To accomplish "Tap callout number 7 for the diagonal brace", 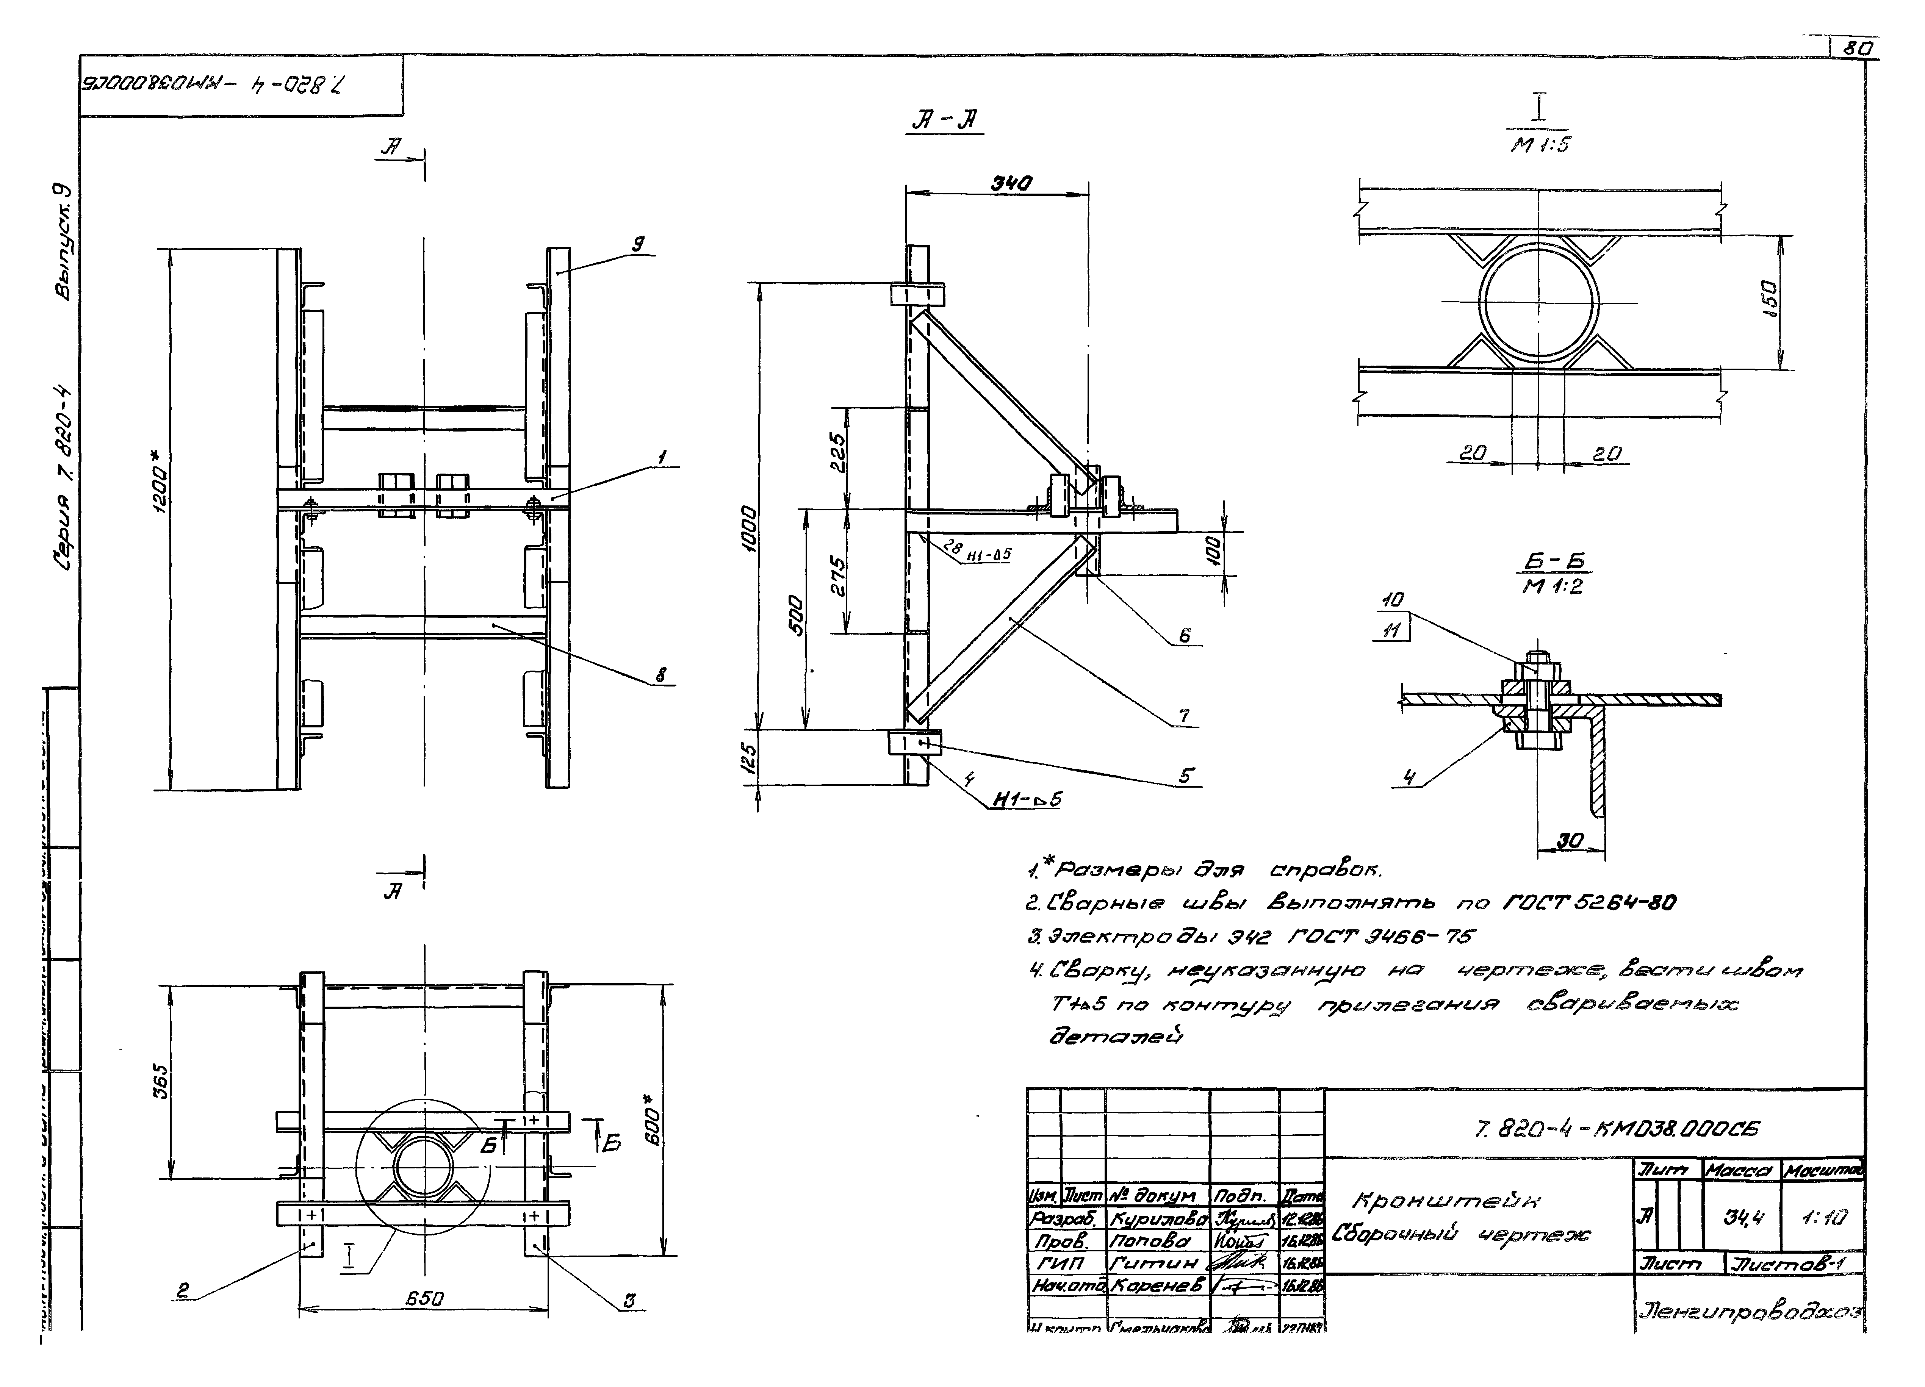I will tap(1184, 716).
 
